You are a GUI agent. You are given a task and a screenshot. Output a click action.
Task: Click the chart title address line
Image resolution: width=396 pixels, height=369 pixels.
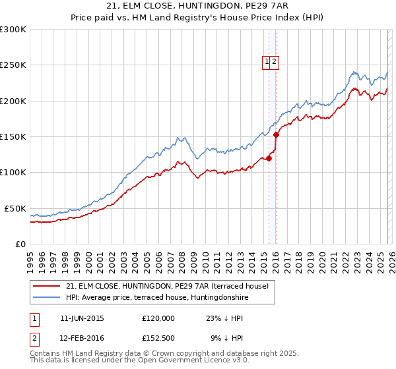pyautogui.click(x=197, y=6)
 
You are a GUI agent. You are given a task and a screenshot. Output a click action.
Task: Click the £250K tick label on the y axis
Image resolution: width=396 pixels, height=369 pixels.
pyautogui.click(x=13, y=65)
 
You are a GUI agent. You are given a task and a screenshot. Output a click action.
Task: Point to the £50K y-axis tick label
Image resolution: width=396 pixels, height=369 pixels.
pyautogui.click(x=15, y=208)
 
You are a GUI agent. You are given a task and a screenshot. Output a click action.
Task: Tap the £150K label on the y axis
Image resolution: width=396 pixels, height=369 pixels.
pyautogui.click(x=13, y=137)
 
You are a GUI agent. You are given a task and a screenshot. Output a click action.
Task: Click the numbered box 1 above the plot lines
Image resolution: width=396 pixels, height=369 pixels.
pyautogui.click(x=267, y=62)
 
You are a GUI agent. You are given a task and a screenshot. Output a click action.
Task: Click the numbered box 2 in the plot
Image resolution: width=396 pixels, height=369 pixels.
pyautogui.click(x=275, y=62)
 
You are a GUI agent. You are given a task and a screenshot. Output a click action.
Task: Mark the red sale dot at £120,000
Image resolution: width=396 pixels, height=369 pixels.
pyautogui.click(x=269, y=158)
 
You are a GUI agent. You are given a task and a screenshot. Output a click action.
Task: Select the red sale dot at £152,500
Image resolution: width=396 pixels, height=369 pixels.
pyautogui.click(x=276, y=135)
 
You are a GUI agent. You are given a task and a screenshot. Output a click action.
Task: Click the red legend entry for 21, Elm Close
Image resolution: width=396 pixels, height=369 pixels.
pyautogui.click(x=167, y=287)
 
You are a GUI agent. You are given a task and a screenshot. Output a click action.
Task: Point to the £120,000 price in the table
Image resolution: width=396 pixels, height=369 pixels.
pyautogui.click(x=158, y=318)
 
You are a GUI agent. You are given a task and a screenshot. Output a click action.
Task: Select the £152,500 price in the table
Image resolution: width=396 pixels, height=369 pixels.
pyautogui.click(x=158, y=338)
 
